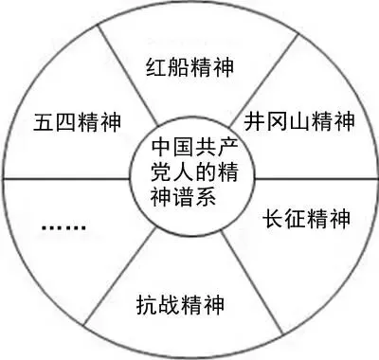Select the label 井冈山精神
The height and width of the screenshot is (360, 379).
298,123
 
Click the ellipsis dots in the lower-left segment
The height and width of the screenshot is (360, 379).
64,228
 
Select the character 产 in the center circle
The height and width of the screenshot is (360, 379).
220,150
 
